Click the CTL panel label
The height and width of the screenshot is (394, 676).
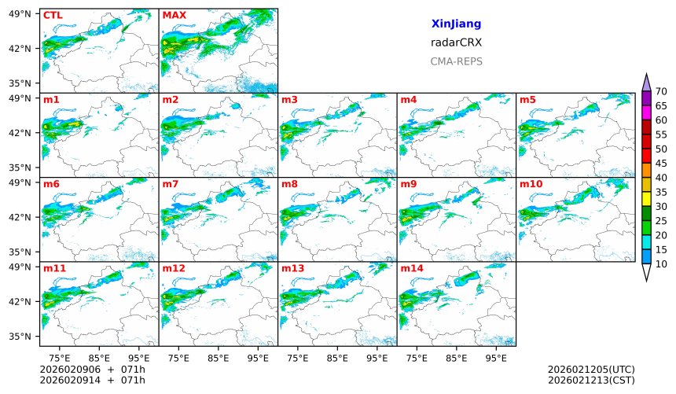53,15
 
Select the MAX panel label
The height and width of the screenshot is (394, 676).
174,15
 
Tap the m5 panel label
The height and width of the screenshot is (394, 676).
527,99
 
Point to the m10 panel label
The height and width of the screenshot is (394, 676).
531,184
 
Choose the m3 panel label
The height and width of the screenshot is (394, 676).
289,99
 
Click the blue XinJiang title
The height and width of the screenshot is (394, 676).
456,24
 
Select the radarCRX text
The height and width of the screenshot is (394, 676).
456,43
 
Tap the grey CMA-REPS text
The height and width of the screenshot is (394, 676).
456,61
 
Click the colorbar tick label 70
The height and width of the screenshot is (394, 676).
661,92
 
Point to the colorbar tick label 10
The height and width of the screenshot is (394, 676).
661,264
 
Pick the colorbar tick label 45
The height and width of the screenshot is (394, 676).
661,164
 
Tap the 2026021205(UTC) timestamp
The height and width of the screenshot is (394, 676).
591,369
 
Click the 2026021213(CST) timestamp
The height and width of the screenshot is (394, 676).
591,380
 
